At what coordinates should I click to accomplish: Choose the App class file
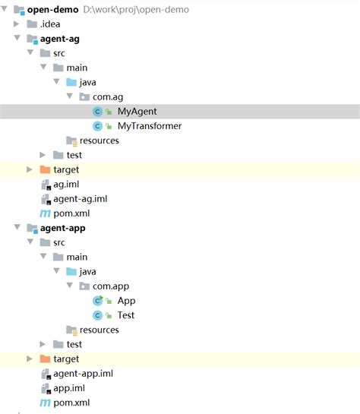(x=126, y=301)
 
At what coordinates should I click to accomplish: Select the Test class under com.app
(x=126, y=315)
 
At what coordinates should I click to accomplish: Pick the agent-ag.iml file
(x=80, y=198)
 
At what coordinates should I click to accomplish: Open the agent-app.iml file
(x=83, y=373)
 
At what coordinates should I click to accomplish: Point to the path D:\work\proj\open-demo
(x=141, y=9)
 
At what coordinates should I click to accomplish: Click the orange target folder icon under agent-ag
(x=45, y=169)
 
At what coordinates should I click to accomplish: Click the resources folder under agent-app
(x=99, y=330)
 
